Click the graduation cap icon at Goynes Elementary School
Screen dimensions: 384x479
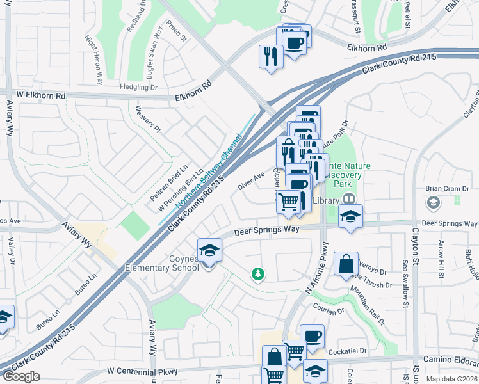pyautogui.click(x=209, y=250)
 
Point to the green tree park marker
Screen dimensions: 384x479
pyautogui.click(x=258, y=274)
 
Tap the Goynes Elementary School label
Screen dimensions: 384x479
pyautogui.click(x=161, y=263)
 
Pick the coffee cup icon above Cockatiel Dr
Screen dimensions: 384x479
pyautogui.click(x=312, y=337)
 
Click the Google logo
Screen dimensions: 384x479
pyautogui.click(x=21, y=376)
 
